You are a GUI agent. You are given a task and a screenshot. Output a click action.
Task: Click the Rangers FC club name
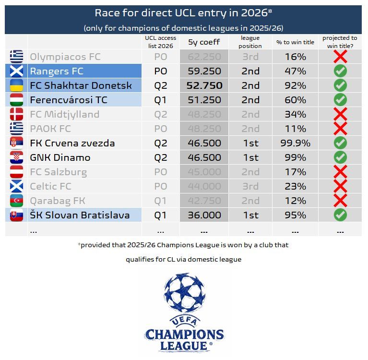(x=57, y=71)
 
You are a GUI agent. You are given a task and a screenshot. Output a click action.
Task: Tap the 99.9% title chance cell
(x=295, y=143)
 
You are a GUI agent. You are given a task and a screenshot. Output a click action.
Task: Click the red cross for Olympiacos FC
(x=340, y=57)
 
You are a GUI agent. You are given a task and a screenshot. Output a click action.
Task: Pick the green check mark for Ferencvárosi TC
(x=340, y=100)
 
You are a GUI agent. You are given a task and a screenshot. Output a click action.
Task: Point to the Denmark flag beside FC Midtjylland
(x=16, y=114)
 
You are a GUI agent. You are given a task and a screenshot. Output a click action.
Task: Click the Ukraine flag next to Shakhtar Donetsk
(x=16, y=85)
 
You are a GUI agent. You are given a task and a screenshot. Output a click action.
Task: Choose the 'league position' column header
(x=250, y=42)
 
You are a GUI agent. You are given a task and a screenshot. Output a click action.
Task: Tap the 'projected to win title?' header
(x=340, y=42)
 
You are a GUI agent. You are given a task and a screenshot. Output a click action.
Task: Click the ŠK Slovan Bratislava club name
(x=80, y=215)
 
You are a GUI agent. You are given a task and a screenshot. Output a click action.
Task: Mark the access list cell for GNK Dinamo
(x=160, y=157)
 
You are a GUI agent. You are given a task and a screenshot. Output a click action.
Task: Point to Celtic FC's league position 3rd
(x=250, y=186)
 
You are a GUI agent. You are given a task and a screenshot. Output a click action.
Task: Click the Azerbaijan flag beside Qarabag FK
(x=16, y=201)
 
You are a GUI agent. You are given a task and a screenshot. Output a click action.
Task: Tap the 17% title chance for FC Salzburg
(x=295, y=172)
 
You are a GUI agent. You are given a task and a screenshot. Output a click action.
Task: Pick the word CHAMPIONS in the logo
(x=184, y=335)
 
